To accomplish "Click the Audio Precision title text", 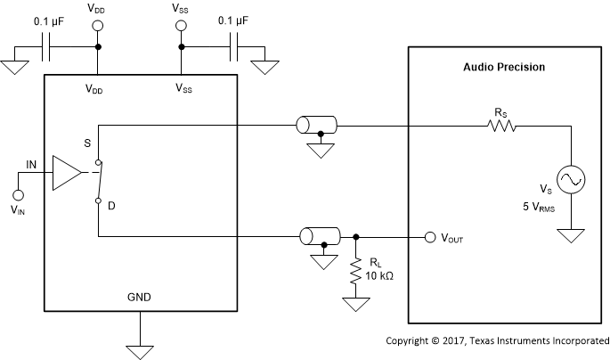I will [503, 68].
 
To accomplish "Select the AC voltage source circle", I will [570, 180].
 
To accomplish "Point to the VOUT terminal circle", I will [430, 237].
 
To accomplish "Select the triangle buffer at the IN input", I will [67, 172].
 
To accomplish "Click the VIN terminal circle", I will [18, 193].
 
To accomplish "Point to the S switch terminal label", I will [85, 143].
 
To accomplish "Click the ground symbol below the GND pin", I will [138, 348].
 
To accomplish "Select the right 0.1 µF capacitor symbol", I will [234, 48].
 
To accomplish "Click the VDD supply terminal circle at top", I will [97, 26].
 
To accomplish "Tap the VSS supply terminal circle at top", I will [181, 26].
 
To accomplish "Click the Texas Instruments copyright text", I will [497, 341].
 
